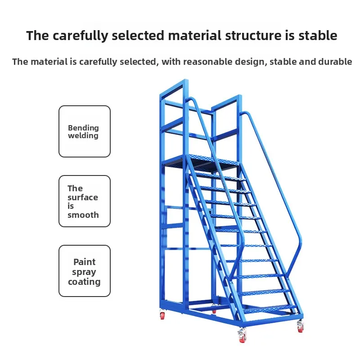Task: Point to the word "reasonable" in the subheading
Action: tap(207, 62)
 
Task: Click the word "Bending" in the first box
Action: tap(83, 128)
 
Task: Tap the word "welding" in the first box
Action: tap(83, 135)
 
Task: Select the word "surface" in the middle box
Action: tap(83, 197)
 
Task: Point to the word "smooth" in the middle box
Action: tap(83, 215)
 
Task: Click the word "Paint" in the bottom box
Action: tap(85, 262)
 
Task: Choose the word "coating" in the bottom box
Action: tap(84, 282)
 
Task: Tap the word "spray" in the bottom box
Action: tap(84, 272)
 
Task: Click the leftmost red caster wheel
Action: tap(162, 315)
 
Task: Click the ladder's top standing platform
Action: tap(202, 161)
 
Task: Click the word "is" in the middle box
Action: tap(71, 206)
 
